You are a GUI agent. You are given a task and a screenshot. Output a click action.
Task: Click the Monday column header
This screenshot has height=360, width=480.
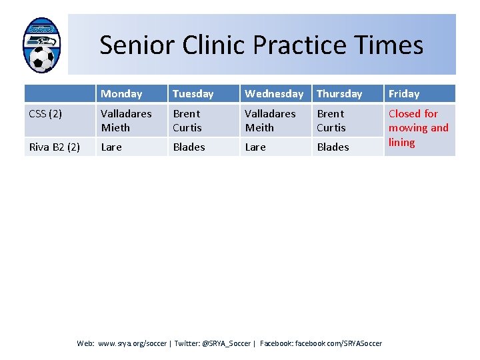tap(122, 94)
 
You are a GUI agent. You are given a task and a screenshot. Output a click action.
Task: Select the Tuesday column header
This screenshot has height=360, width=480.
tap(193, 94)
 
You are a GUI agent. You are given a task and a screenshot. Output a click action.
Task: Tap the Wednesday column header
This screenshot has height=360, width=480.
tap(274, 94)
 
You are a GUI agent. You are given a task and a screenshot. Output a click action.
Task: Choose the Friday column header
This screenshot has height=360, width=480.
tap(404, 94)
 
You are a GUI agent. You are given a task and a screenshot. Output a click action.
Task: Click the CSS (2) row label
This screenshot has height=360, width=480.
tap(46, 114)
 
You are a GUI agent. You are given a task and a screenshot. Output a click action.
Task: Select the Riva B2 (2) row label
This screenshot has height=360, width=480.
tap(55, 147)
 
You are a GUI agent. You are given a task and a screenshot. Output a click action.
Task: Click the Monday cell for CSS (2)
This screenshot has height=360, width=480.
tap(127, 121)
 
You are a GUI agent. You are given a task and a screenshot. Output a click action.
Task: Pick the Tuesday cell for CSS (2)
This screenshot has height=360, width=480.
tap(187, 121)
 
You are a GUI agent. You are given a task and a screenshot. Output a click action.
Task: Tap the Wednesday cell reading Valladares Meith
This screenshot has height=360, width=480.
tap(270, 121)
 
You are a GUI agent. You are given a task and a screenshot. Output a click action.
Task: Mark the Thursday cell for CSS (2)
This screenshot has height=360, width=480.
tap(331, 121)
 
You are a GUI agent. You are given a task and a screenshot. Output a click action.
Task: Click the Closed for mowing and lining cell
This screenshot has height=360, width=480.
tap(418, 128)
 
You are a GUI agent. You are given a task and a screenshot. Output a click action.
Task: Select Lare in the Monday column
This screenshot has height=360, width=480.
tap(111, 147)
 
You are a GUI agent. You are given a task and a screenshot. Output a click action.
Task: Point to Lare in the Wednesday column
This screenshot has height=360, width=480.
tap(255, 147)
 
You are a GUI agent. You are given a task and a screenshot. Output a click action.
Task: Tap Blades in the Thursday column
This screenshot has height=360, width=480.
tap(333, 147)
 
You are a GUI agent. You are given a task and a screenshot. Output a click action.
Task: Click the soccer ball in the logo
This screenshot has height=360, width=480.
tap(42, 59)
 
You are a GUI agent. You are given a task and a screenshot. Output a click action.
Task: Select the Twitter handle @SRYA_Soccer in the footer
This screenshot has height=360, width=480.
tap(226, 343)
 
